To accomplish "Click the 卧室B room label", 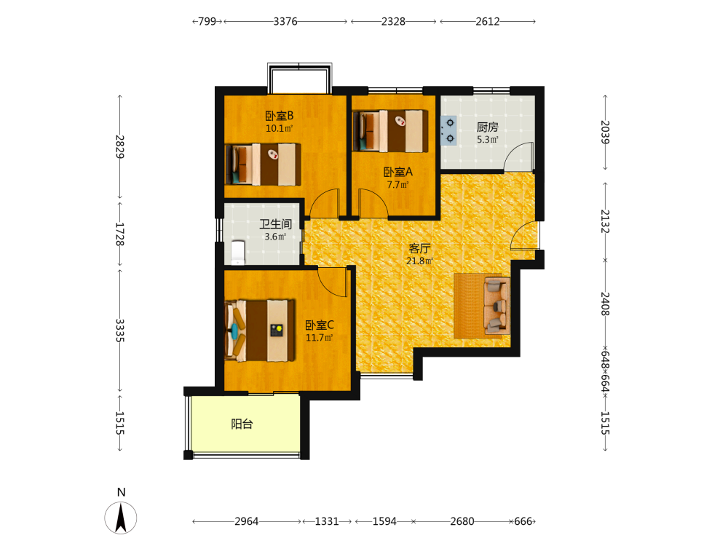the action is [x=279, y=116].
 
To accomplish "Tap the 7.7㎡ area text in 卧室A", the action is [x=398, y=185].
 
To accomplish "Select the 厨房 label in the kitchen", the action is [x=488, y=127].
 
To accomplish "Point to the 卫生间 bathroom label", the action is [x=275, y=224].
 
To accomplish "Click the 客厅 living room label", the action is [x=419, y=248].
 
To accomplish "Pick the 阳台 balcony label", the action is [x=242, y=424].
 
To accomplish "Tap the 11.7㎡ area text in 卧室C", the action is [x=319, y=338].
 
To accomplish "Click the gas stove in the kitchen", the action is [x=448, y=130].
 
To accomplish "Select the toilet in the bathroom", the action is [x=238, y=253].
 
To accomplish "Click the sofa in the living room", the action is [x=496, y=306].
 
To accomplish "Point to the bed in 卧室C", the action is [x=260, y=330].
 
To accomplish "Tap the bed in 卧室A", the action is [x=390, y=131].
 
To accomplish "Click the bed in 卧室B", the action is [x=263, y=165].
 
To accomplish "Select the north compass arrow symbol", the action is [x=121, y=518].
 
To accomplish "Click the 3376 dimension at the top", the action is [x=285, y=21].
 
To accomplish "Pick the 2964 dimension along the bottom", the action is [x=247, y=521].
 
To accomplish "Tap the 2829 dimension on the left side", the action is [x=120, y=147].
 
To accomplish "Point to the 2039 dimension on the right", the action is [x=605, y=132].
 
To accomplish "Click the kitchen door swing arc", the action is [x=523, y=149].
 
